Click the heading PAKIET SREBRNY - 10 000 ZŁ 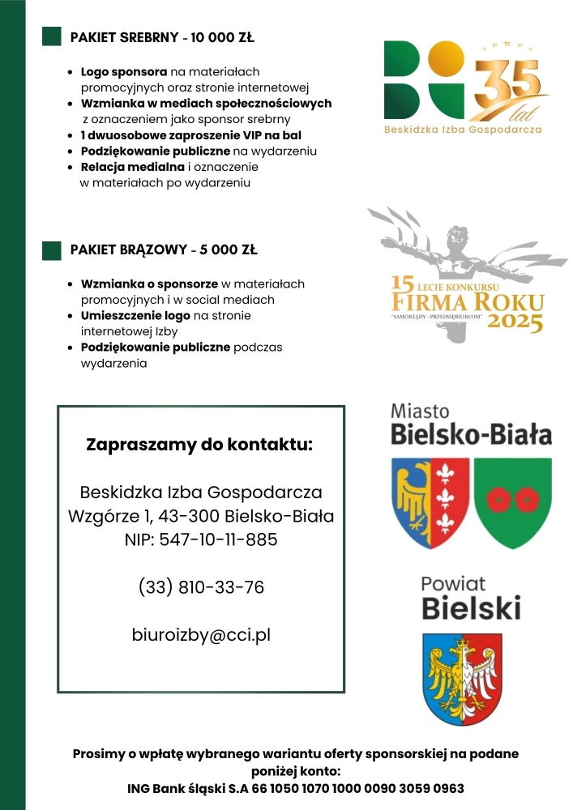(x=162, y=37)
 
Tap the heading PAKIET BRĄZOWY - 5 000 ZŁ (x=164, y=250)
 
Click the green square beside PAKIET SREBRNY (x=52, y=36)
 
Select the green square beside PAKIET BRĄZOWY (x=52, y=250)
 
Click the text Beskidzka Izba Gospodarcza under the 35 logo (x=463, y=129)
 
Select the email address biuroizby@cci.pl (x=201, y=635)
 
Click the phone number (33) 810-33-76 (x=201, y=587)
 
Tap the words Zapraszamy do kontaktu (x=199, y=445)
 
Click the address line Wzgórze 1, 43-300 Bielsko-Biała (x=201, y=516)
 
